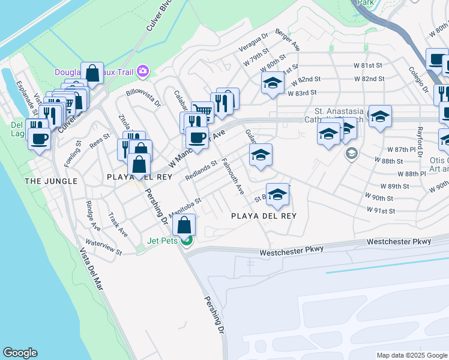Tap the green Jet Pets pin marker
pyautogui.click(x=187, y=241)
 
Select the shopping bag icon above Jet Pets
pyautogui.click(x=185, y=226)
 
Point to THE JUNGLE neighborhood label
pyautogui.click(x=50, y=181)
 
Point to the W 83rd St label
pyautogui.click(x=303, y=93)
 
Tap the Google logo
pyautogui.click(x=20, y=353)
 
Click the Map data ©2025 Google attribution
pyautogui.click(x=411, y=355)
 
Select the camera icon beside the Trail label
pyautogui.click(x=142, y=71)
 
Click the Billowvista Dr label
pyautogui.click(x=144, y=98)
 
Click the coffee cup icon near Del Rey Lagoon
pyautogui.click(x=40, y=138)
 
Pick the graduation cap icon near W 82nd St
pyautogui.click(x=273, y=83)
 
